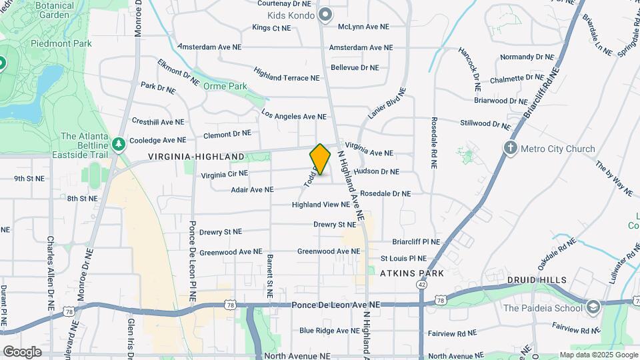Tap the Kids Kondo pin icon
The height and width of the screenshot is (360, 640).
(325, 15)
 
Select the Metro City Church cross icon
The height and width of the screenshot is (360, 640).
(511, 148)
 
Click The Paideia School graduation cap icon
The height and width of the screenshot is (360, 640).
(593, 307)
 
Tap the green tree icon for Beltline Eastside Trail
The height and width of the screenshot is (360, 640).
(118, 144)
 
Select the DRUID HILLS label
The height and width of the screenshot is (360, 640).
(536, 280)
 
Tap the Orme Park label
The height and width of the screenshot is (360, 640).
(225, 86)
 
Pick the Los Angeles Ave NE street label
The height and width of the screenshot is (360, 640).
(294, 116)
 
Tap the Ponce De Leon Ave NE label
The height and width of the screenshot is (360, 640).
(335, 305)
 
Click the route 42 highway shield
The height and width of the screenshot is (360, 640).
(421, 283)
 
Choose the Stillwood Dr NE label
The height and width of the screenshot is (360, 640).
(485, 123)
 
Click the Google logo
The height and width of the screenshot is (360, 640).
(22, 352)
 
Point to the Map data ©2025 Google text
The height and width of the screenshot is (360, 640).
(598, 355)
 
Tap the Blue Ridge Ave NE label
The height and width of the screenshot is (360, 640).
(329, 331)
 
